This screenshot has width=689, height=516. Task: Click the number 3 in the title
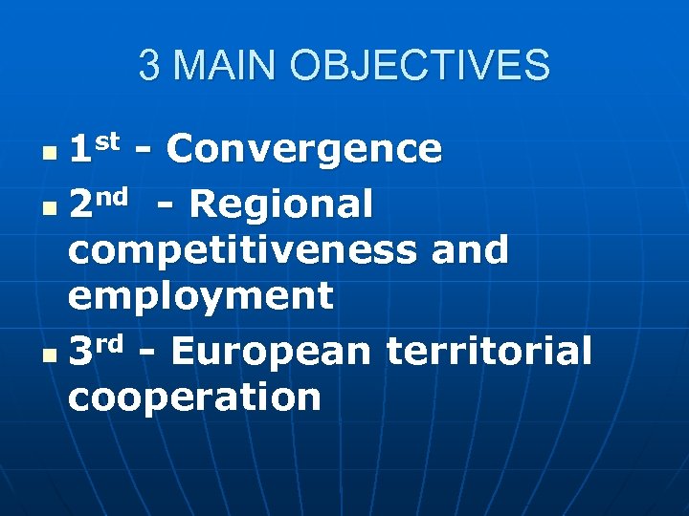coord(148,66)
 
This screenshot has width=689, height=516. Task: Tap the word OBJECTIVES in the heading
coord(421,66)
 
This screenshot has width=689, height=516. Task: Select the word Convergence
coord(303,150)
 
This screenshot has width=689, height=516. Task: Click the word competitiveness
coord(241,251)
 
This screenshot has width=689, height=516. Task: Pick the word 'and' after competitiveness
coord(470,251)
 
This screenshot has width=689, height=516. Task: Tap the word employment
coord(201,297)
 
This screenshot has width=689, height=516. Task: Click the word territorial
coord(489,352)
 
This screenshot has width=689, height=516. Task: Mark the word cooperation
coord(194,398)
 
